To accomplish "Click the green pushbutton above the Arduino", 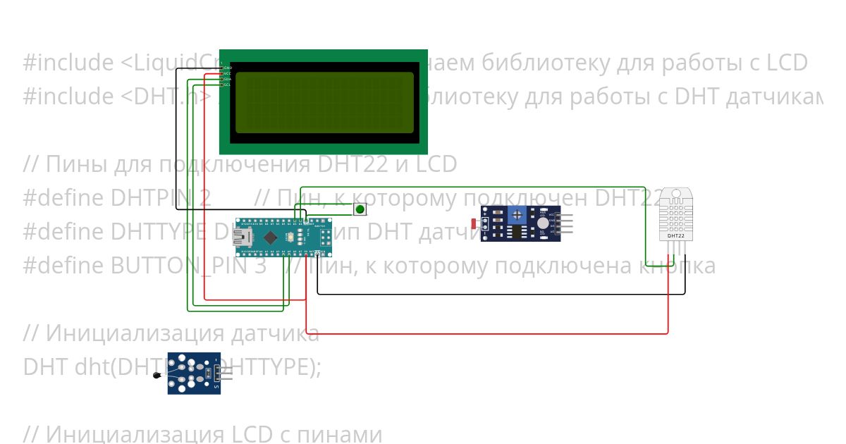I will (360, 209).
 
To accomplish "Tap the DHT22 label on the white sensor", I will (675, 237).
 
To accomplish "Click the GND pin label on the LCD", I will (227, 68).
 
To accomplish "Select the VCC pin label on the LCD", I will (227, 73).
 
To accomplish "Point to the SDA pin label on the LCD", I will (227, 79).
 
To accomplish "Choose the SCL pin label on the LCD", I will (227, 85).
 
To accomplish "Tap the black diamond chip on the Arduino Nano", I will (270, 238).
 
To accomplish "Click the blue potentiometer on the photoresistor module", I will (519, 214).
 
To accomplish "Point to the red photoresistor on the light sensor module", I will (474, 224).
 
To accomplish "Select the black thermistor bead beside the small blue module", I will (157, 376).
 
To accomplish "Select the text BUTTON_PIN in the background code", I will (183, 266).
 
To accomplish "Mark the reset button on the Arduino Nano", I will (290, 239).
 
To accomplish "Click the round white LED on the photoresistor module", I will (541, 222).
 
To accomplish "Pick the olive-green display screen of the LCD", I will (324, 102).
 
